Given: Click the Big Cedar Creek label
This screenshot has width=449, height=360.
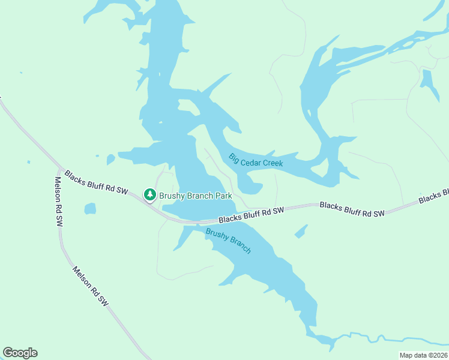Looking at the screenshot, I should coord(255,160).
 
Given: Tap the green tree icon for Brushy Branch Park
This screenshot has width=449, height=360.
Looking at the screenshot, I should coord(149,195).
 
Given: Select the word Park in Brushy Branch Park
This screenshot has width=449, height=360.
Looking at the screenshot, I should coord(223,196).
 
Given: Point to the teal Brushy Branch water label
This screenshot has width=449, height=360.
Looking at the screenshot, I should coord(228,241).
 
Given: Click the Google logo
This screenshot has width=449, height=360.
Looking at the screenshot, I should coord(20,353).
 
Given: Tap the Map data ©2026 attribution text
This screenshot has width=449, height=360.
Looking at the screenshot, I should coord(423,355).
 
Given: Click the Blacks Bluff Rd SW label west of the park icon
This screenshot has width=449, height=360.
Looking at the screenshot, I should coord(97,182).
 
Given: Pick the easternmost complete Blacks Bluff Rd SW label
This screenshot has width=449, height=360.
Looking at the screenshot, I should coord(352,209).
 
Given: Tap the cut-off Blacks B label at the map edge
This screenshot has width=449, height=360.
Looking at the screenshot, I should coord(434,196).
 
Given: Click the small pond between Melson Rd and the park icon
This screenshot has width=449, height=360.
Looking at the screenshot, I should coord(90,209).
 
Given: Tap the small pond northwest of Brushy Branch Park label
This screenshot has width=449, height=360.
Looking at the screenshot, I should coord(110,160).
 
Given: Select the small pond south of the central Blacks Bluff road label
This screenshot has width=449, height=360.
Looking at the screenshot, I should coord(301,231).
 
